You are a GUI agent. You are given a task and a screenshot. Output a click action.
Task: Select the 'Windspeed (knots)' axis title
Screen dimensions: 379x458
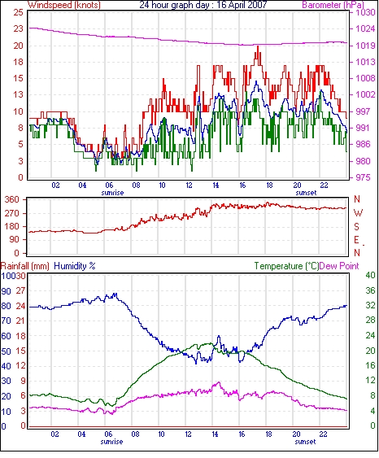64,5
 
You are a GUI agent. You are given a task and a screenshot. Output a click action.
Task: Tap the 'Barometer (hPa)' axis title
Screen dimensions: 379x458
333,5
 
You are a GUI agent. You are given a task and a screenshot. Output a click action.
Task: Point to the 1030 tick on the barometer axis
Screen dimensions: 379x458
365,12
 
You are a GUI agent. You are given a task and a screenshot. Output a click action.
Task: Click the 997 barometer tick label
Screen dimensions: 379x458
364,111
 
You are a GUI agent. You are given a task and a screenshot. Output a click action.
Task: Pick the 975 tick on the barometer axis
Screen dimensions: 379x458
364,177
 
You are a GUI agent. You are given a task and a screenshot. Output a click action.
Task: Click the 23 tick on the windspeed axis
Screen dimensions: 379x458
18,28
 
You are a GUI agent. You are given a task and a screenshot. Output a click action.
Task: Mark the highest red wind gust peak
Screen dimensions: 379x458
258,46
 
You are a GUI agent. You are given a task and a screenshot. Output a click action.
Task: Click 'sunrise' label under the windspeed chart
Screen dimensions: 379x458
112,193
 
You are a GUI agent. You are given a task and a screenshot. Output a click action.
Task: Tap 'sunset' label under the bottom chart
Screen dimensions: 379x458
305,442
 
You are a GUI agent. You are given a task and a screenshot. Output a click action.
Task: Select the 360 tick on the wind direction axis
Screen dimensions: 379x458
12,200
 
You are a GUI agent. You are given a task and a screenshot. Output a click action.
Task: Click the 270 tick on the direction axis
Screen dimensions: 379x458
12,213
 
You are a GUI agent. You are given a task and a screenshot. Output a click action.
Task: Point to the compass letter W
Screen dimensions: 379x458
358,213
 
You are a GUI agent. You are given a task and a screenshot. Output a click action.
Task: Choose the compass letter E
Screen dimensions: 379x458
356,240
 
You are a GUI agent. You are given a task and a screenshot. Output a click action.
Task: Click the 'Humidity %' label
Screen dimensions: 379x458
75,266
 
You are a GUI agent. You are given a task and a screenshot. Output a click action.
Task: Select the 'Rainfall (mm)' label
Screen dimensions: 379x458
25,266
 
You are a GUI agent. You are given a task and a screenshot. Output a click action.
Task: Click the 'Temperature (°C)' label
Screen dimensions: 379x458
286,266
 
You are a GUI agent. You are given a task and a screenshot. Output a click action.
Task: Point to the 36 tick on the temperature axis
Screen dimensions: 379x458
370,290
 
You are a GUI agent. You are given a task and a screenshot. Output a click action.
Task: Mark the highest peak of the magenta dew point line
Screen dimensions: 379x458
219,382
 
